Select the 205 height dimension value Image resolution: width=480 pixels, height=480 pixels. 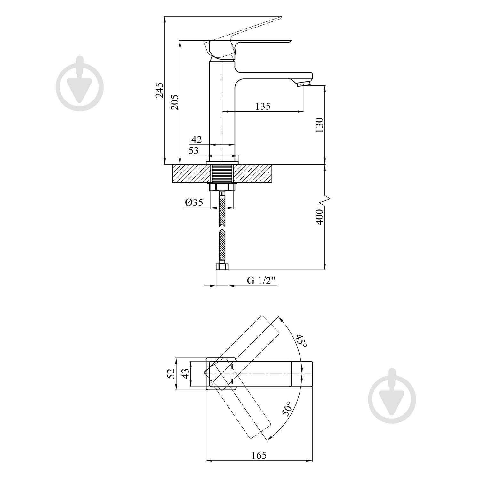[175, 102]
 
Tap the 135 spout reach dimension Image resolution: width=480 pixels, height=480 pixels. [263, 106]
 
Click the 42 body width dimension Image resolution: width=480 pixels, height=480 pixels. [196, 139]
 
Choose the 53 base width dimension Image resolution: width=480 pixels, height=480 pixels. [193, 150]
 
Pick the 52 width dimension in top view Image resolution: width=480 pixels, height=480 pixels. [171, 373]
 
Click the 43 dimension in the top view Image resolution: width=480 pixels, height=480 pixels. [185, 373]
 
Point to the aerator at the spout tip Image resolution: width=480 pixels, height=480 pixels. [303, 84]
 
